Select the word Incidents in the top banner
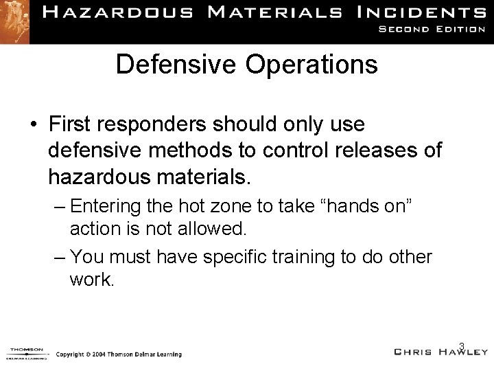coord(423,12)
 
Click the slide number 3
coord(462,346)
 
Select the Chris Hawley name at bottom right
coord(440,352)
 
